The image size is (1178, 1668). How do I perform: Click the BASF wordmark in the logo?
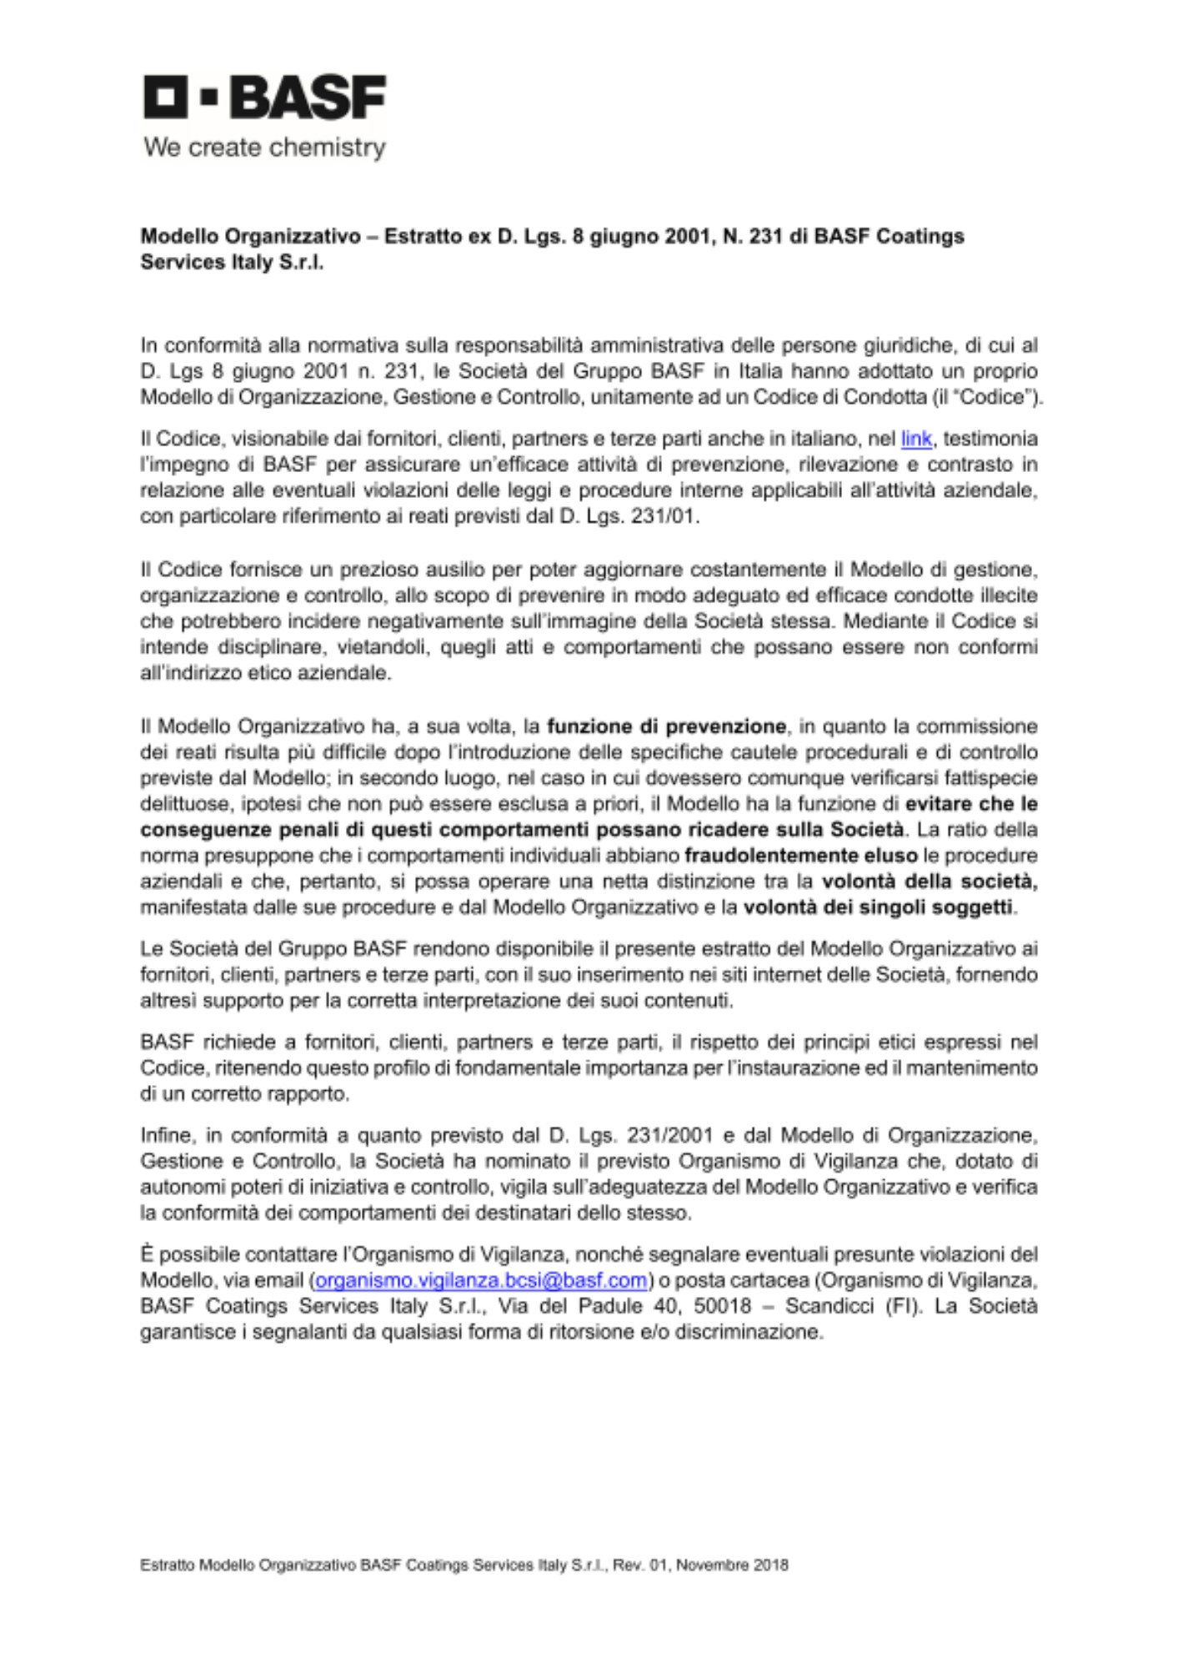(x=308, y=98)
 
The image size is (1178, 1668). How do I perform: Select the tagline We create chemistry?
(x=264, y=148)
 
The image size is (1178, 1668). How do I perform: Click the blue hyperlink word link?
(x=916, y=439)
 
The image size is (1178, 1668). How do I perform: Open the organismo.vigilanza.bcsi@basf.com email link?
(x=482, y=1280)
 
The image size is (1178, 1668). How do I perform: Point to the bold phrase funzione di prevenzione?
(x=666, y=726)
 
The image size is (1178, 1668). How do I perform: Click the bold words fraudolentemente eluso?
(x=801, y=856)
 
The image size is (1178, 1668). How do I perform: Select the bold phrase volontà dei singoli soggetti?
(x=878, y=907)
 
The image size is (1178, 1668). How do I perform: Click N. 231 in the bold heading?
(x=753, y=236)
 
